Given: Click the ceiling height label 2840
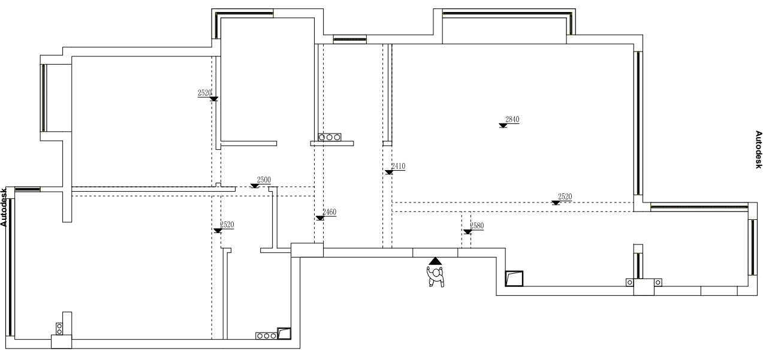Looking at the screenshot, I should [x=512, y=120].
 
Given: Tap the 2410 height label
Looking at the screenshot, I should [x=398, y=166].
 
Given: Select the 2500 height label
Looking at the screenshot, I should [x=264, y=180].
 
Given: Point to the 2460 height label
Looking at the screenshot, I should [x=329, y=212].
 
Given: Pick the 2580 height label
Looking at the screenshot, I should [x=477, y=226].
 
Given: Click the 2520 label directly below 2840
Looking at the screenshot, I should [x=565, y=196].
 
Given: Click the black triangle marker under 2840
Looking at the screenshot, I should [x=502, y=125].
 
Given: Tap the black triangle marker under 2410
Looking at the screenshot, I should [x=388, y=172].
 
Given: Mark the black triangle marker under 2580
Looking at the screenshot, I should [x=467, y=232].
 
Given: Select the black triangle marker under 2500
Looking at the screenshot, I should [x=255, y=186].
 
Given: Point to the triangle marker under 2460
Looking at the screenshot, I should [x=319, y=218].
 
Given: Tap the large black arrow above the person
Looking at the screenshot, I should [x=435, y=261].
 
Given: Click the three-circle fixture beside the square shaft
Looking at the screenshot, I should [x=266, y=336].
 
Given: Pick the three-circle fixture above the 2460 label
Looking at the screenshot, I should [x=329, y=137].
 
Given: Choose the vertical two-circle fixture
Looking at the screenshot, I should [x=59, y=328].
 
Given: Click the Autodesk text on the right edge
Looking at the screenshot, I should [x=758, y=149].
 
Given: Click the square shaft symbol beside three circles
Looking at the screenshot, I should [x=284, y=334].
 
